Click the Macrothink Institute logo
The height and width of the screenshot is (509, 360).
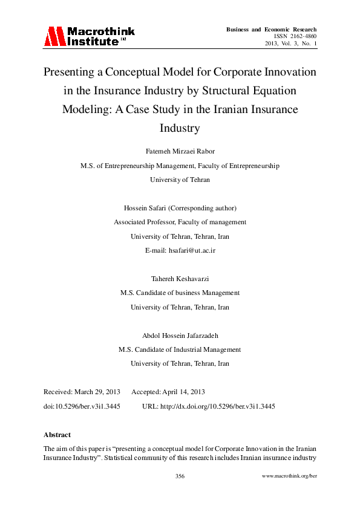pyautogui.click(x=89, y=36)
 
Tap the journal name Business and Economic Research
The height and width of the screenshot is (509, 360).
pyautogui.click(x=271, y=29)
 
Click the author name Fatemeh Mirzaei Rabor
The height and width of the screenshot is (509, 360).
pyautogui.click(x=180, y=151)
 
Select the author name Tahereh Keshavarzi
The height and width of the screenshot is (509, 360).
pyautogui.click(x=180, y=278)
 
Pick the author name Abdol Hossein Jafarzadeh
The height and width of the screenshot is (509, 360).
pyautogui.click(x=180, y=335)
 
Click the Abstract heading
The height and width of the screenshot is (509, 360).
pyautogui.click(x=57, y=434)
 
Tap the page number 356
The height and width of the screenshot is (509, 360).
pyautogui.click(x=180, y=476)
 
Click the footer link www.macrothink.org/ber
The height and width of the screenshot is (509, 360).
pyautogui.click(x=289, y=476)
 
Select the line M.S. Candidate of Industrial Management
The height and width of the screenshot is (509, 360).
pyautogui.click(x=180, y=349)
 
